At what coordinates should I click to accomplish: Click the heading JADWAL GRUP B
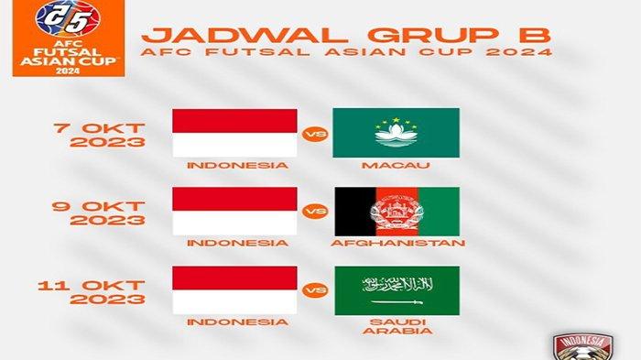pyautogui.click(x=349, y=35)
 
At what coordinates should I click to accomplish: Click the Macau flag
pyautogui.click(x=396, y=133)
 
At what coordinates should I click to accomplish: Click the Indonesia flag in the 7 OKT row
pyautogui.click(x=235, y=133)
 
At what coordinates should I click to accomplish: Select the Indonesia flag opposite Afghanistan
pyautogui.click(x=235, y=212)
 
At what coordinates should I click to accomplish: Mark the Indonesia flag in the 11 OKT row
pyautogui.click(x=235, y=290)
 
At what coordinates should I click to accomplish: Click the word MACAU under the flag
pyautogui.click(x=395, y=166)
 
